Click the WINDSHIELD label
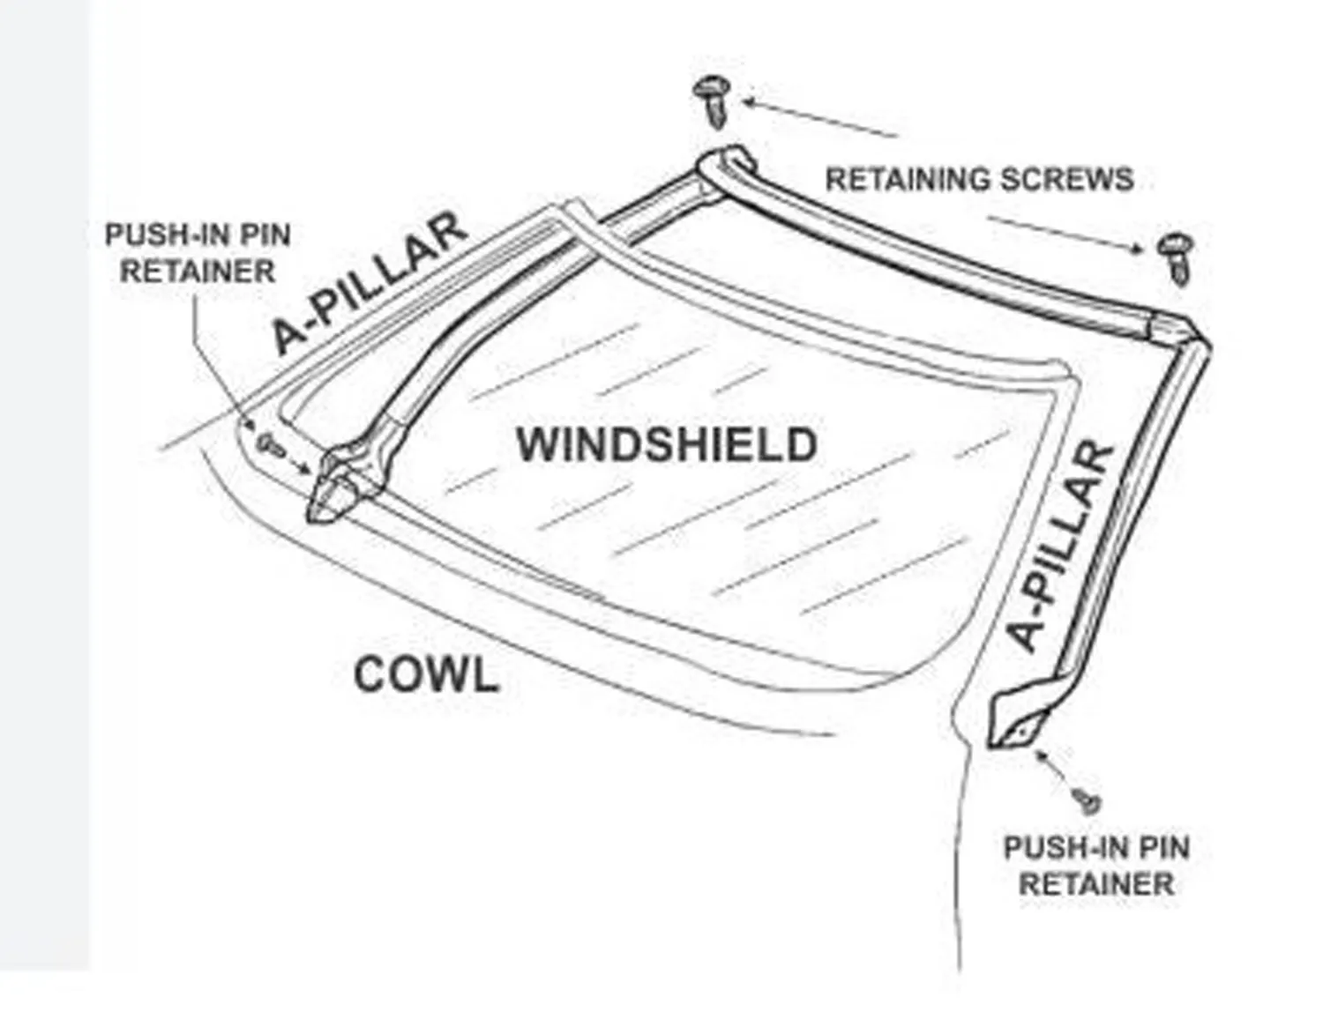tap(667, 445)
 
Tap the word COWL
tap(427, 675)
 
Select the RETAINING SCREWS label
tap(979, 180)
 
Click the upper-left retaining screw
tap(711, 101)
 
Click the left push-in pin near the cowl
tap(271, 444)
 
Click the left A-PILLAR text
tap(369, 282)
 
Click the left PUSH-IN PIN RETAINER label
tap(198, 253)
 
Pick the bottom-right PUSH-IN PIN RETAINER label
tap(1096, 866)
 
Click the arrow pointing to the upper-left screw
tap(820, 119)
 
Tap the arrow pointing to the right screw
tap(1065, 234)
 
